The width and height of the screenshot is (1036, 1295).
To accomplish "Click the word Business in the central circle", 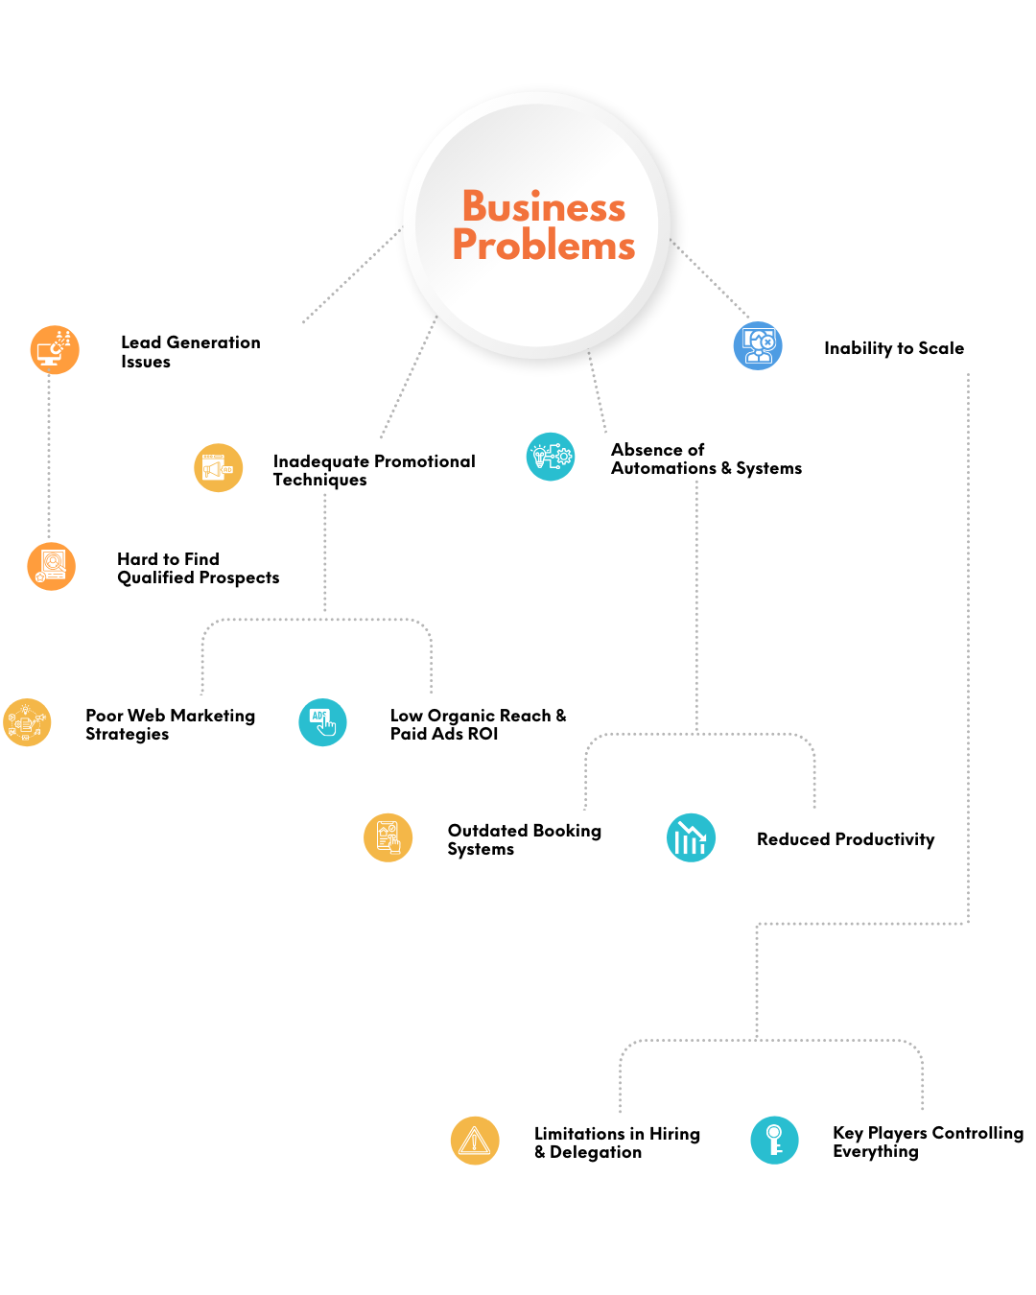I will [x=543, y=207].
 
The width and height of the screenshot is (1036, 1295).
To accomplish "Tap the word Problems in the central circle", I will [x=543, y=246].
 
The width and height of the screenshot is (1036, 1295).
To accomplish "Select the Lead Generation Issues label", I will [x=191, y=351].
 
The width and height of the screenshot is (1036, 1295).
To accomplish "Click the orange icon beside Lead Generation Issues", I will [x=54, y=349].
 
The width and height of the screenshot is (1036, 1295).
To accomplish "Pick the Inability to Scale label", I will [x=893, y=348].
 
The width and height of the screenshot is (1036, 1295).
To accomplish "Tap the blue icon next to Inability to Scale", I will [x=758, y=345].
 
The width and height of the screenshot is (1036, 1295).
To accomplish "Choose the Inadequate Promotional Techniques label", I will [x=373, y=470].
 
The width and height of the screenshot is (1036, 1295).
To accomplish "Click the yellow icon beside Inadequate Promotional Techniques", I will [x=218, y=468].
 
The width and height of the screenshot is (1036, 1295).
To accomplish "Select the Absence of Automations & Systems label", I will [x=705, y=459].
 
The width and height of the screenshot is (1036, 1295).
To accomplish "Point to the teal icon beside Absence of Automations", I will [x=551, y=457].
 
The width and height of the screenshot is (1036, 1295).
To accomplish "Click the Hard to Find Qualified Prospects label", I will [x=198, y=568].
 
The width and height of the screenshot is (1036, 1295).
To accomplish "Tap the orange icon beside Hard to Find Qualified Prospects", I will [x=51, y=566].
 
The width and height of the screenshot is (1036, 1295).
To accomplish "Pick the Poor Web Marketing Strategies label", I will [x=170, y=724].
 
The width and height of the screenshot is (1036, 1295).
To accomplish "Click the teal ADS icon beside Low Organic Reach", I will [x=322, y=721].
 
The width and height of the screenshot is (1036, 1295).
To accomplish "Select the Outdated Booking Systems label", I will [x=524, y=839].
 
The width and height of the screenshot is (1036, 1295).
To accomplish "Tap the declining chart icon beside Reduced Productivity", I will [x=691, y=837].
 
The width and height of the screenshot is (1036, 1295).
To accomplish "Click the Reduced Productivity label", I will [x=845, y=839].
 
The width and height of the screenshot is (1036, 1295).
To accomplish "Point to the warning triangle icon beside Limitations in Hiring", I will [x=474, y=1141].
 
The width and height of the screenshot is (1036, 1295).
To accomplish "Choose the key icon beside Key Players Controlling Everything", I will [x=774, y=1140].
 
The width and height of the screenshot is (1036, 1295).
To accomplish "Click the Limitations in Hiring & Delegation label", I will [x=617, y=1142].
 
